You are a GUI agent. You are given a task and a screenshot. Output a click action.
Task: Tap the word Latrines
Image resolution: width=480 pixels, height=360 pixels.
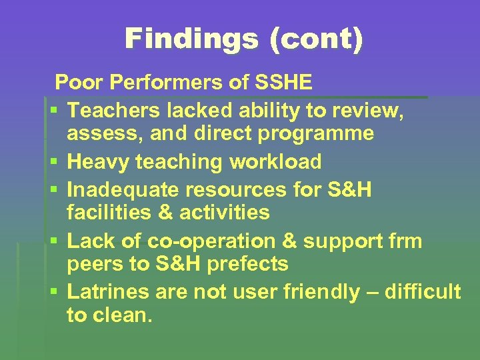(109, 291)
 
